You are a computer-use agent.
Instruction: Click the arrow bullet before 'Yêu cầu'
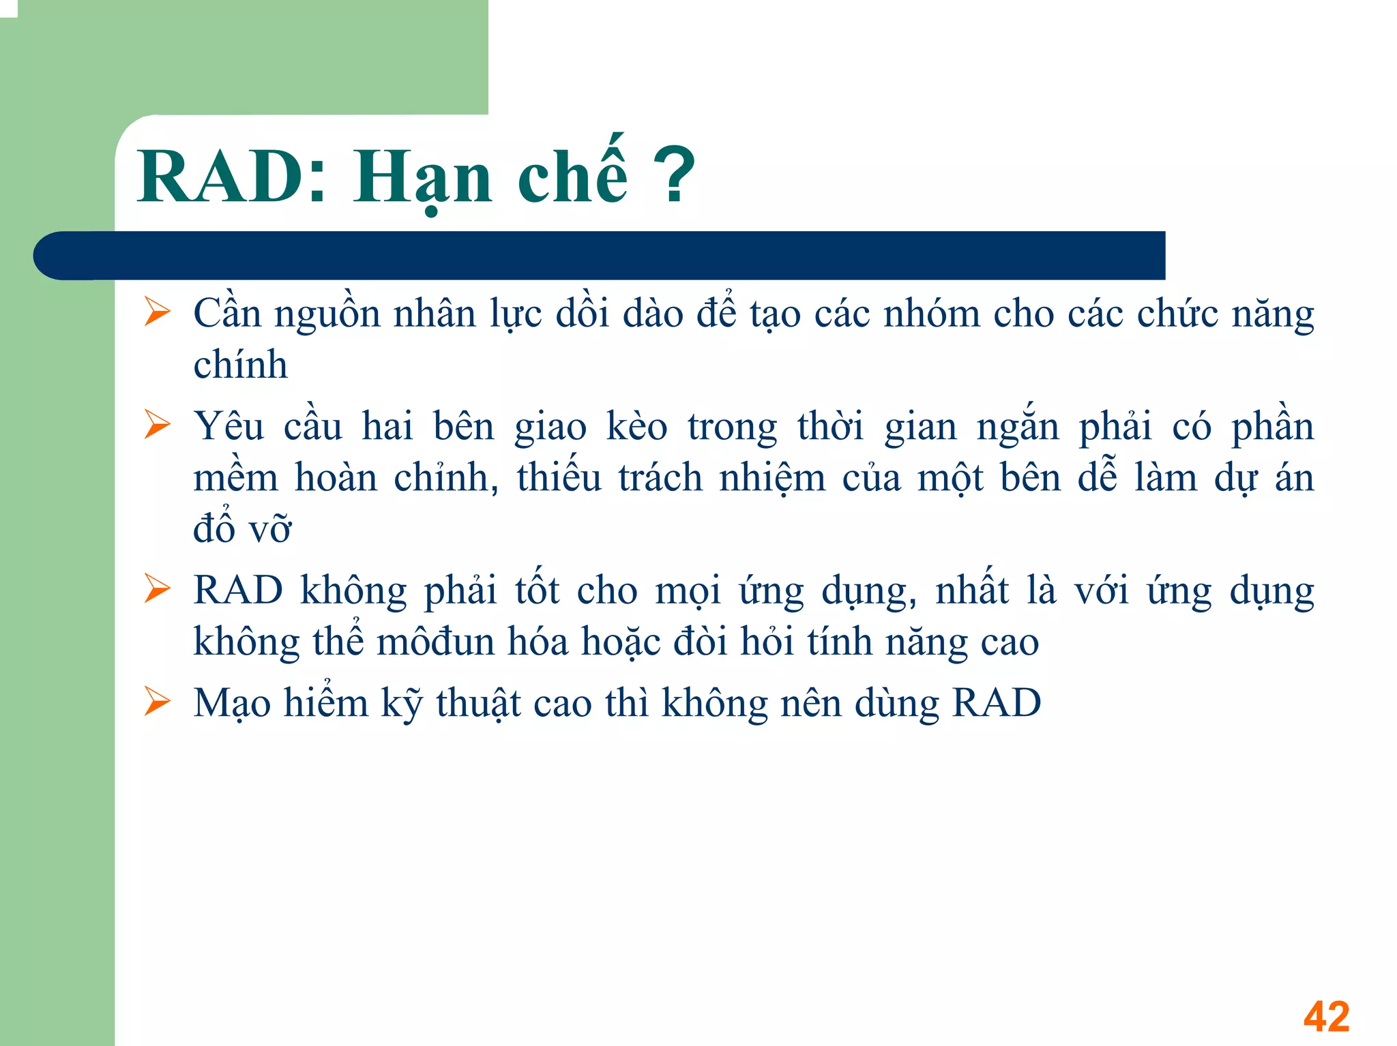(x=158, y=425)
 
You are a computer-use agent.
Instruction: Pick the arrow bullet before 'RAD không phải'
(x=158, y=589)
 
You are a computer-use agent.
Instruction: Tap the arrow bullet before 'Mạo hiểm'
(x=158, y=702)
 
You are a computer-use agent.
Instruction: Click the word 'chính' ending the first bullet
(x=240, y=365)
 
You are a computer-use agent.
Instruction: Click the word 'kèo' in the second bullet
(x=636, y=427)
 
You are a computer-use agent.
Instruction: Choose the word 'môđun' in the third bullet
(x=435, y=642)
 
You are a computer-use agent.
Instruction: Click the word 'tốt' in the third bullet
(x=537, y=590)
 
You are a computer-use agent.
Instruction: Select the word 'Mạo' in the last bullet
(x=232, y=704)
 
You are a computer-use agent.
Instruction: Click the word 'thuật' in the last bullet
(x=478, y=704)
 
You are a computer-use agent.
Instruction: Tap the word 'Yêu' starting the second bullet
(x=229, y=427)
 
